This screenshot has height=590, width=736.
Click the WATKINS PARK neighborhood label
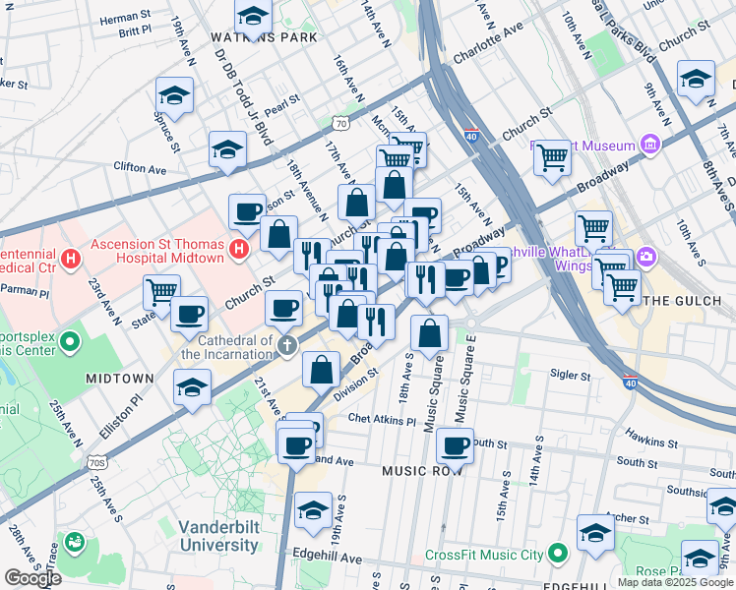[264, 37]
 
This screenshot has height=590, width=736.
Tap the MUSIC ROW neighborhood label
[424, 471]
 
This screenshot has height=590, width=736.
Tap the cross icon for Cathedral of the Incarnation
[286, 345]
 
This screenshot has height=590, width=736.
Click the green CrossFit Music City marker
[558, 555]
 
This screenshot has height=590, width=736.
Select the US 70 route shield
[340, 124]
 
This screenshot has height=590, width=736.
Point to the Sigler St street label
[570, 375]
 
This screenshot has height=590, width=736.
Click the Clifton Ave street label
[137, 167]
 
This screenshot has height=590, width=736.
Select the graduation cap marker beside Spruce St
[174, 94]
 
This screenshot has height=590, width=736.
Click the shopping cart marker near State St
[161, 290]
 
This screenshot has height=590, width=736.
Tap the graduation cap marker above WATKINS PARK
[253, 15]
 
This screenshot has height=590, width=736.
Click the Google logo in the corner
[32, 578]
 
